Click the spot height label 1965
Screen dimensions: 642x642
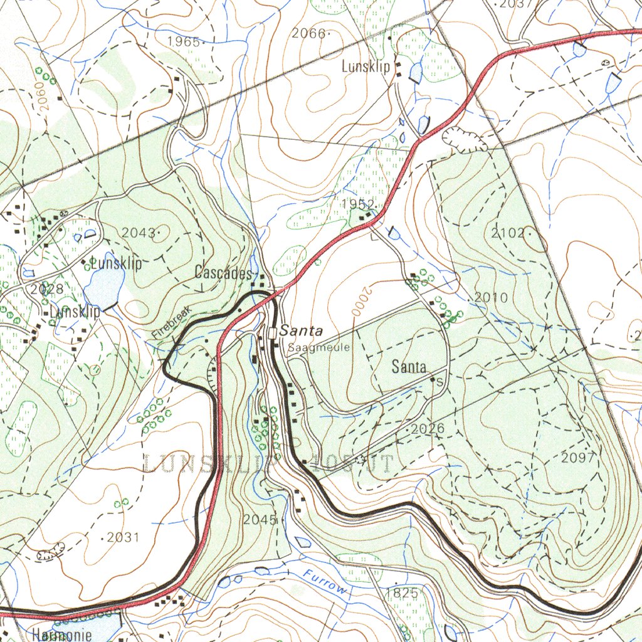183,42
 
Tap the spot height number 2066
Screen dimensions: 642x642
309,34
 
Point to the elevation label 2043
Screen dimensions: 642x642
138,233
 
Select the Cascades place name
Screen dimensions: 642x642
223,272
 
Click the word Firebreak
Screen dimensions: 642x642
170,326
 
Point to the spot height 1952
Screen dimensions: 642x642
358,204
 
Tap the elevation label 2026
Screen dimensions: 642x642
428,429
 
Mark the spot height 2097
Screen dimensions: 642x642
577,458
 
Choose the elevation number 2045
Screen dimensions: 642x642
260,519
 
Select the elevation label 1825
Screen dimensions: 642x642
401,592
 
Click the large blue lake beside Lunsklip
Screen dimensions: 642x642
103,287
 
